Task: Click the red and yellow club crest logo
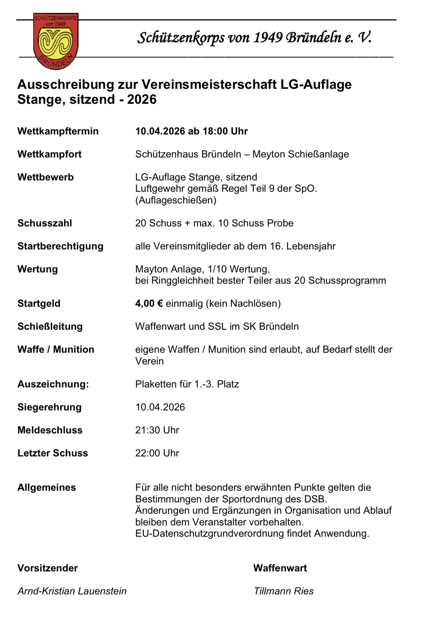(56, 41)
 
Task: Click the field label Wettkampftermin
(58, 131)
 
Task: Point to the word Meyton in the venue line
(269, 154)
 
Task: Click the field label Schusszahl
(45, 223)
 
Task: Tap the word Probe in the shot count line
(280, 223)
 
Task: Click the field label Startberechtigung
(60, 246)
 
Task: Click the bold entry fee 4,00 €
(149, 303)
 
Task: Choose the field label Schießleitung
(50, 326)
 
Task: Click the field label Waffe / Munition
(56, 349)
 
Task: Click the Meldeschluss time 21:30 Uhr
(157, 430)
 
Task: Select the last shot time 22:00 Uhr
(157, 453)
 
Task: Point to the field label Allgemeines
(47, 487)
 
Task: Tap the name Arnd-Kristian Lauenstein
(72, 591)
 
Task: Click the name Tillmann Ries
(284, 591)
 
